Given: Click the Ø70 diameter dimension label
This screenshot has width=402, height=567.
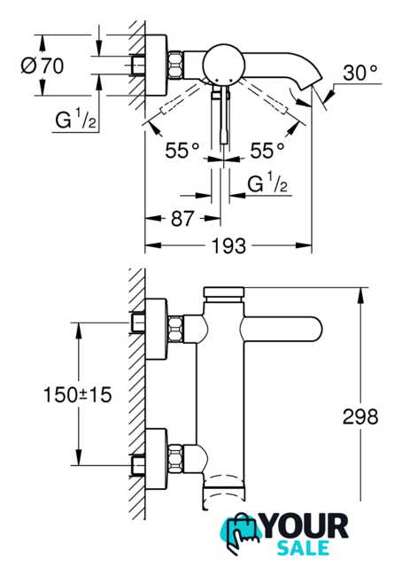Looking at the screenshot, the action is coord(43,66).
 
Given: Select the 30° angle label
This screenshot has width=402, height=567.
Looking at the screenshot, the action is coord(360,73).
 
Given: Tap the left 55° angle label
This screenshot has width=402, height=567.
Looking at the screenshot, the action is coord(182,150).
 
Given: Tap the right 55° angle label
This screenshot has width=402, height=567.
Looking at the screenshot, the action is coord(267,150).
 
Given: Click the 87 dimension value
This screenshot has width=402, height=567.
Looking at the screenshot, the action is coord(182,219).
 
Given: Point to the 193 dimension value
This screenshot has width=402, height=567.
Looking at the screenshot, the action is coord(228,246).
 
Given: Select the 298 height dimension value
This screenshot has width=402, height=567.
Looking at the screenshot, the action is coord(360,416).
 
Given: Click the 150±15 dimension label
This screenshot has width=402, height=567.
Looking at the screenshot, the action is coord(77,394).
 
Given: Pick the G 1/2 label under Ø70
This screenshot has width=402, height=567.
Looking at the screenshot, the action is coord(75,120).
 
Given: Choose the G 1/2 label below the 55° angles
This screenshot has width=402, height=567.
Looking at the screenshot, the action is coord(267,183).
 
